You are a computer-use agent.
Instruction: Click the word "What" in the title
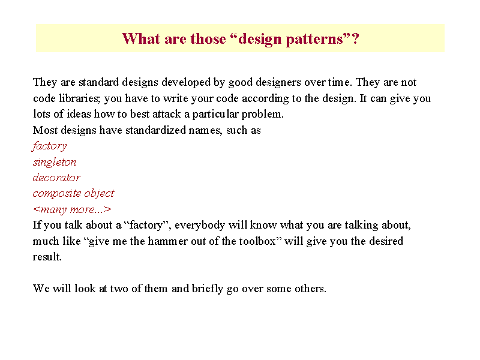tap(141, 38)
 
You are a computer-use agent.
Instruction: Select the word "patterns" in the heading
tap(314, 40)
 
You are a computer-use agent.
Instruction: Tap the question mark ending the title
tap(355, 38)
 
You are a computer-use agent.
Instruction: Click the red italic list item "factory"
tap(49, 146)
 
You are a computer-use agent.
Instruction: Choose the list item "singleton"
tap(55, 162)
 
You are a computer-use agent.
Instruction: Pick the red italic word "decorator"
tap(56, 178)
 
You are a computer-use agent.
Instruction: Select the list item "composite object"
tap(73, 193)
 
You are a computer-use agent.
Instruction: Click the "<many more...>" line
tap(72, 209)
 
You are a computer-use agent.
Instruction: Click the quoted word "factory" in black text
tap(146, 226)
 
